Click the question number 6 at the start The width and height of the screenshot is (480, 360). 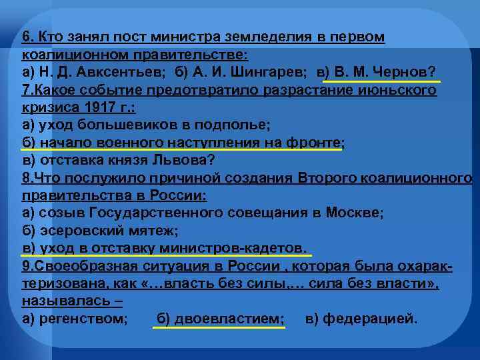[27, 37]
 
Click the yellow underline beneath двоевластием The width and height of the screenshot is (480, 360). [219, 329]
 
